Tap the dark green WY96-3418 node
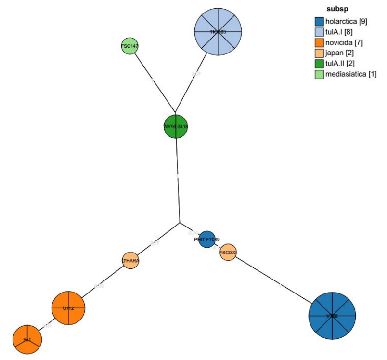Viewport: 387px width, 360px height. coord(175,127)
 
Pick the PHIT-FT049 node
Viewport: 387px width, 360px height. coord(207,239)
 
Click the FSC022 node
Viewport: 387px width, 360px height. coord(228,252)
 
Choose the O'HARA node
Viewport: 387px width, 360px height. coord(130,261)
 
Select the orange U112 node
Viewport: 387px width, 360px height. coord(68,308)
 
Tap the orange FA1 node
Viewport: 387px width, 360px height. coord(27,340)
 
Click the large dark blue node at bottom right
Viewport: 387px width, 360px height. coord(332,316)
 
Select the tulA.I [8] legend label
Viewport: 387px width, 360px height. coord(341,32)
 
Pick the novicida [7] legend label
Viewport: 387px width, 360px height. coord(344,42)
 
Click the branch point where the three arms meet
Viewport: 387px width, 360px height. coord(180,223)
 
